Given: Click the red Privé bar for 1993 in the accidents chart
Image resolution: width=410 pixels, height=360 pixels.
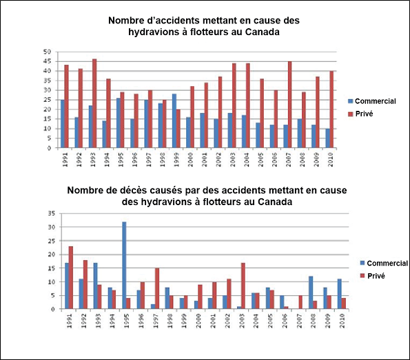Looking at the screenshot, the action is click(94, 103).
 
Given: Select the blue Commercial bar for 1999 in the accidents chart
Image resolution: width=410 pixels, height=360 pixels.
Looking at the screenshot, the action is click(174, 121).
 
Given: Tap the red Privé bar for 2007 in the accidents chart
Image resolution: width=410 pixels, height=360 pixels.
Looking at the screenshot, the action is click(289, 105).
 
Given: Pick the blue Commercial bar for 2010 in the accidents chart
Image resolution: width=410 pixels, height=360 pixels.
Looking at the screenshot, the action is click(327, 138).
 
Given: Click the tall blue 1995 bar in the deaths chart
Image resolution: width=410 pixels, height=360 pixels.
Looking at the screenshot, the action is click(124, 266).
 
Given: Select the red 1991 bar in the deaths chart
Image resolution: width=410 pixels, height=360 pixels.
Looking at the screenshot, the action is click(71, 277).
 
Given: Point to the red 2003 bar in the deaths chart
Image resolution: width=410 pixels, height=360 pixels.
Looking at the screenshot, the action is click(243, 286).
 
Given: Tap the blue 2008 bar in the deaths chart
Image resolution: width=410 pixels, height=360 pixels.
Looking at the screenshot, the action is click(311, 293).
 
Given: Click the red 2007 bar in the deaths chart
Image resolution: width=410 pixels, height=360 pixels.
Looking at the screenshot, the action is click(300, 302).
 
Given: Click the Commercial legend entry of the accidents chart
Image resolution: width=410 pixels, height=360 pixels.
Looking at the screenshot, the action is click(372, 101).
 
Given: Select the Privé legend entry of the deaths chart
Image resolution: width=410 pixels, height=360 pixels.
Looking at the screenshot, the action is click(373, 276).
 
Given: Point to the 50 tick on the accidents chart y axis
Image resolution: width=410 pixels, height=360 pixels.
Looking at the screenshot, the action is click(47, 52).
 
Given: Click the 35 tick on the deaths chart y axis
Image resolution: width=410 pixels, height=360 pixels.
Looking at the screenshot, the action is click(52, 213).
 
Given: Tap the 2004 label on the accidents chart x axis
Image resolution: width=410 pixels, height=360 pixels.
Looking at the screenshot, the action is click(247, 160).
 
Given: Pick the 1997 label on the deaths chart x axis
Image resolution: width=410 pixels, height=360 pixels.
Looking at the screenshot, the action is click(155, 321).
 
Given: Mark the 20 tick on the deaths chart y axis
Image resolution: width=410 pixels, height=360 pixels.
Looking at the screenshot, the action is click(52, 255).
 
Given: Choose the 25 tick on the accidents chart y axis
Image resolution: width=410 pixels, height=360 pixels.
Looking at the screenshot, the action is click(47, 100).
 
